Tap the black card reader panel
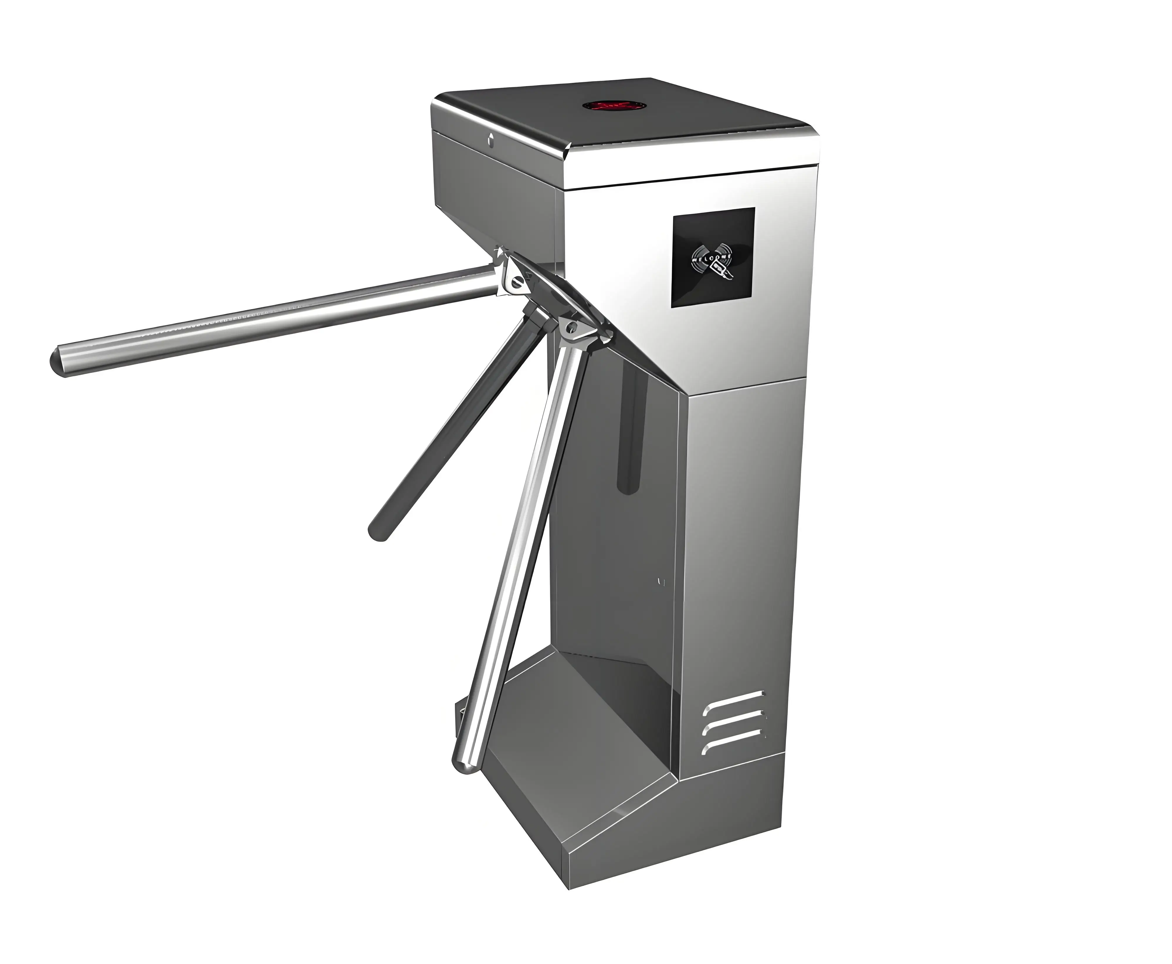coord(713,257)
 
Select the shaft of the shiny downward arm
coord(516,555)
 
